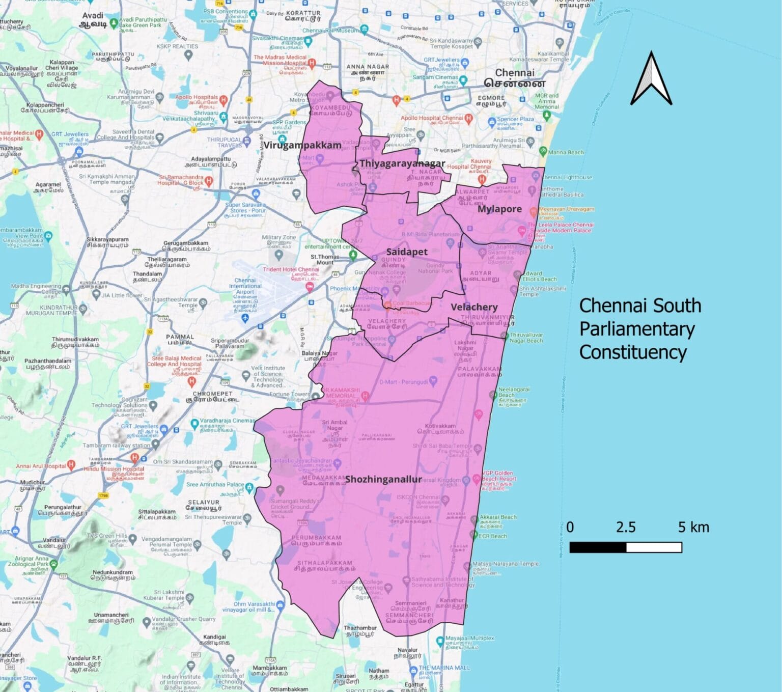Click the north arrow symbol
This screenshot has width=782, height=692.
[x=651, y=79]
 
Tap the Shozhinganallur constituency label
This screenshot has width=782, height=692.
[x=383, y=479]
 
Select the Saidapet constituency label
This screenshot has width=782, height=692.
[x=407, y=252]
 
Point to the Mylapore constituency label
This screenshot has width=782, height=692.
[x=499, y=209]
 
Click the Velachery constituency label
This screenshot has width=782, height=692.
[x=474, y=307]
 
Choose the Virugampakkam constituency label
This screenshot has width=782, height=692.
[x=302, y=145]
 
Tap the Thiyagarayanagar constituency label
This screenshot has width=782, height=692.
[x=402, y=163]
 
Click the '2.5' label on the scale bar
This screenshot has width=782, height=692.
[x=625, y=527]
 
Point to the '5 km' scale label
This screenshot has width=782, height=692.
[x=693, y=527]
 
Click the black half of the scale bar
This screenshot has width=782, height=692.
[x=598, y=547]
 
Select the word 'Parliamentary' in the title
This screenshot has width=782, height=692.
[x=637, y=329]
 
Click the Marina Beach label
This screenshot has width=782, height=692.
[x=566, y=152]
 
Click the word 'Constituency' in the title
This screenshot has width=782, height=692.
[x=633, y=352]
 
